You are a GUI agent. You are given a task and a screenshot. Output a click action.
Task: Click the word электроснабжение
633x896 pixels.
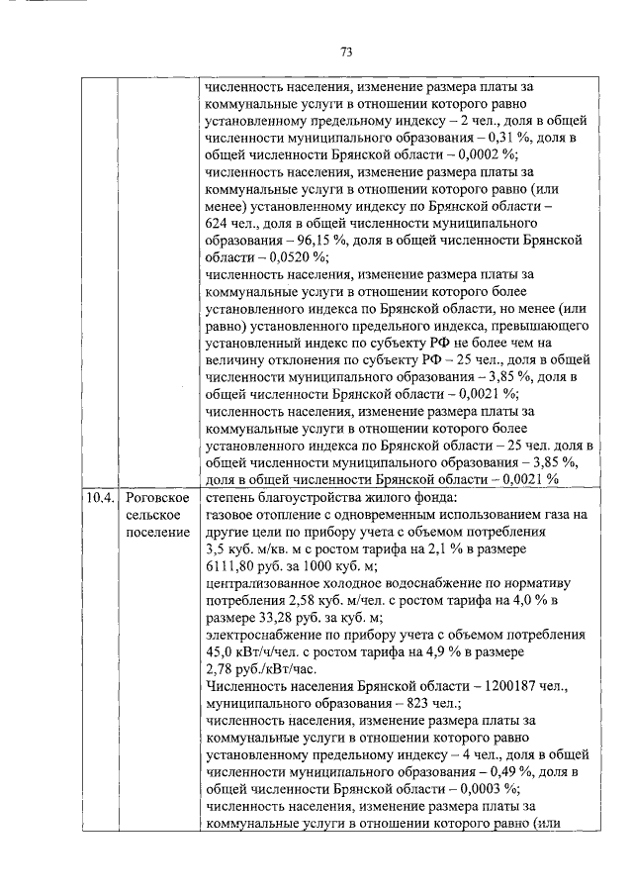tap(263, 637)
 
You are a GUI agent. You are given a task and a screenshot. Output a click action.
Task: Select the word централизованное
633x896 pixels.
tap(266, 583)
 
